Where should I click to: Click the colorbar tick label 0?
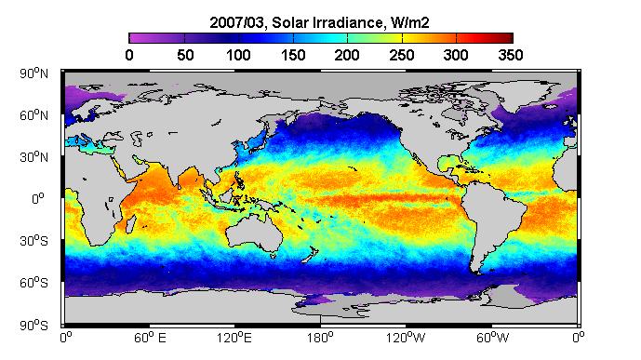[x=129, y=55]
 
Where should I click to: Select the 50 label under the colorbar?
[x=185, y=55]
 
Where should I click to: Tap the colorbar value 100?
[x=239, y=55]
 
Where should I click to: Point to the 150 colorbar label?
[x=293, y=55]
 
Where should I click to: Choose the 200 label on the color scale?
[x=347, y=55]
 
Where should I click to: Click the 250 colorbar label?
[x=402, y=55]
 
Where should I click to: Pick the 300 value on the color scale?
[x=456, y=55]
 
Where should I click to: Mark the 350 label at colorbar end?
[x=511, y=55]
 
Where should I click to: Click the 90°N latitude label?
[x=33, y=73]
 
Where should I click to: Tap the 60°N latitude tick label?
[x=33, y=115]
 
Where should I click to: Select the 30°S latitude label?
[x=33, y=241]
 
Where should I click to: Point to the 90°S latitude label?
[x=33, y=326]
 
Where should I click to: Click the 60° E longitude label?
[x=150, y=338]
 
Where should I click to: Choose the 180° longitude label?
[x=321, y=338]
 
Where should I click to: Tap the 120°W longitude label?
[x=406, y=338]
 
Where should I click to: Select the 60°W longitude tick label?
[x=492, y=338]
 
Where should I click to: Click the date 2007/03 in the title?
[x=237, y=22]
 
